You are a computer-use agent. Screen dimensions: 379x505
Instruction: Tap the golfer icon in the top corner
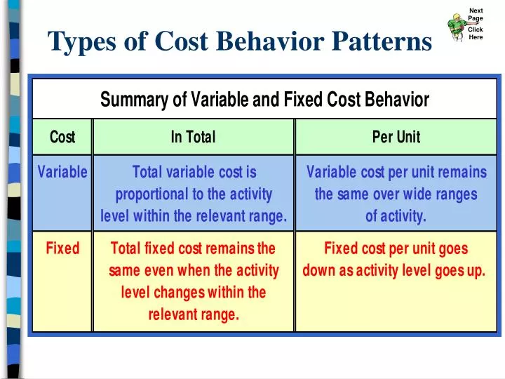click(457, 25)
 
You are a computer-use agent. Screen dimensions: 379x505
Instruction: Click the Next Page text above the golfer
click(476, 14)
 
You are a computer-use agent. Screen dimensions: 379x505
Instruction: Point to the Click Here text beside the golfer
click(476, 33)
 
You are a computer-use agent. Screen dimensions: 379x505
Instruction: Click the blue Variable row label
click(62, 172)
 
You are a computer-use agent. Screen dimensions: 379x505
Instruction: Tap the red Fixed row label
click(62, 248)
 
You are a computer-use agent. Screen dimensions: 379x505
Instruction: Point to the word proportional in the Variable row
click(150, 194)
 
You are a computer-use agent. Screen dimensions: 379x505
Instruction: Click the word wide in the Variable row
click(420, 194)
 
